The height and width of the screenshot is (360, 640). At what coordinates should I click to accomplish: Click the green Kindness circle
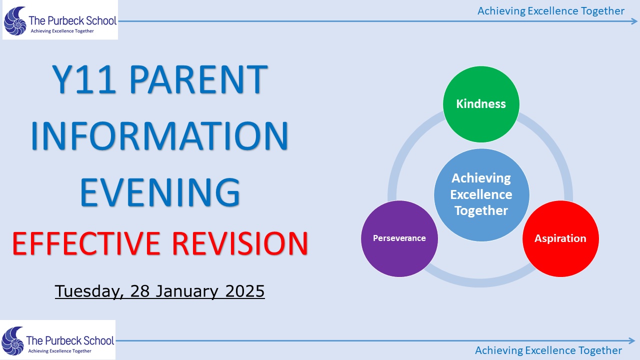point(481,104)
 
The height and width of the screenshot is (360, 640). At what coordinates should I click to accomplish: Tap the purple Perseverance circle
point(399,238)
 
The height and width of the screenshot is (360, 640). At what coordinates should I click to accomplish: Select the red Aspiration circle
point(561,238)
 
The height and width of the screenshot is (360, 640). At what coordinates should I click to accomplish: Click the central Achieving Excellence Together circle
point(481,195)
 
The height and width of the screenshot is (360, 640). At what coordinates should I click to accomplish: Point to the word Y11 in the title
point(84,79)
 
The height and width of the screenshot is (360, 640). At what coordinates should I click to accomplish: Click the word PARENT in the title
point(199,79)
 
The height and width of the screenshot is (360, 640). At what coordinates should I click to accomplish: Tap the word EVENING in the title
point(160,191)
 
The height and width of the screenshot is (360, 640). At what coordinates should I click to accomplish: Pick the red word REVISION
point(240,243)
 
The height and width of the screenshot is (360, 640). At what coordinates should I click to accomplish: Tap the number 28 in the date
point(140,291)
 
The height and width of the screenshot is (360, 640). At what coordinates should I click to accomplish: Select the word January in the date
point(186,291)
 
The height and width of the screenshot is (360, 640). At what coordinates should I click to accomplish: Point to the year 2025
point(245,291)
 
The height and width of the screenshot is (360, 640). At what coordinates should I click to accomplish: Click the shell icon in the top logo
point(15,21)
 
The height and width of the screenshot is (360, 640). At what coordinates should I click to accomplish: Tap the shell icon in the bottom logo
point(12,341)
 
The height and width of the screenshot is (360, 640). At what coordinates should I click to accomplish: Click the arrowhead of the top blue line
point(633,21)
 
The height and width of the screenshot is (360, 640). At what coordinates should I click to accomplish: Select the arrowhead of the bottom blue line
point(631,340)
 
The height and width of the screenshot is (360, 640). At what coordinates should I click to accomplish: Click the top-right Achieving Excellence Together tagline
point(551,11)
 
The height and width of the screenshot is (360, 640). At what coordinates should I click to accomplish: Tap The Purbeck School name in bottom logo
point(70,340)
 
